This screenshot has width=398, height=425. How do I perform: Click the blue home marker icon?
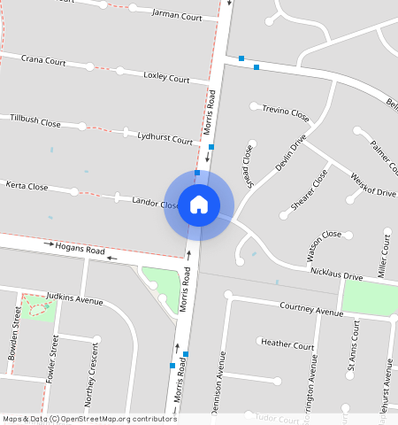(199, 205)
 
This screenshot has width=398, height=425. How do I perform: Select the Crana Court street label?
(43, 61)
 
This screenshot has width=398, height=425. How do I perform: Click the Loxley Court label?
(166, 77)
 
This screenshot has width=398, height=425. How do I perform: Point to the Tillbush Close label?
(35, 119)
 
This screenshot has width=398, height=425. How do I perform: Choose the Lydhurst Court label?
(167, 138)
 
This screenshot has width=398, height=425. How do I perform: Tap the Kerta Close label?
(27, 187)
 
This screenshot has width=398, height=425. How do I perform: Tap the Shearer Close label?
(310, 190)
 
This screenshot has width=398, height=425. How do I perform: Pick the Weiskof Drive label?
(372, 185)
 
